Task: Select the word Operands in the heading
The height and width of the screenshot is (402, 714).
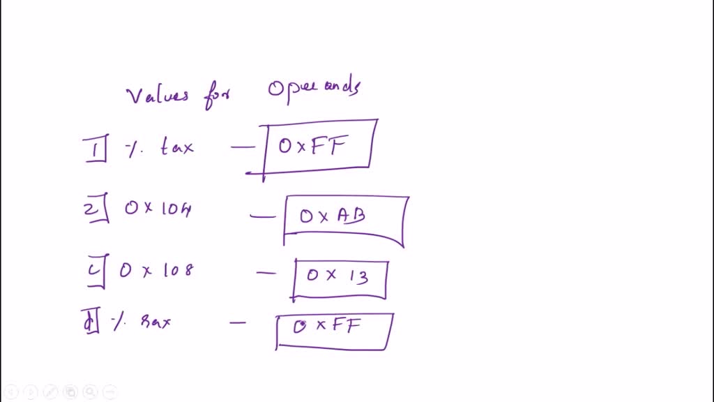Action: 314,91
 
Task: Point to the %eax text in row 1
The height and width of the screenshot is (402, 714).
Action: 160,148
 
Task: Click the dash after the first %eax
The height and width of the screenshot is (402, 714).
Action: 243,147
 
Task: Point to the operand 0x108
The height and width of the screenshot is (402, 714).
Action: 155,270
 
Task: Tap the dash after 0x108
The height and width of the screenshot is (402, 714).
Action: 266,273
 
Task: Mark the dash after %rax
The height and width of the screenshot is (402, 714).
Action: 238,322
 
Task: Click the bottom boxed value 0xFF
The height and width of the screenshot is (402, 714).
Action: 328,327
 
